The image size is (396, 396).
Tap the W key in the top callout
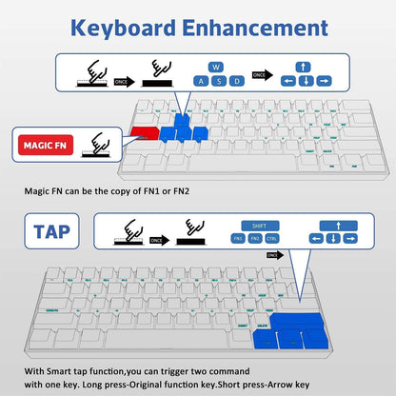click(x=215, y=67)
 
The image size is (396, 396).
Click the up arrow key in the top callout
click(x=303, y=67)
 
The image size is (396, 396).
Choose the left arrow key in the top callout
click(x=287, y=80)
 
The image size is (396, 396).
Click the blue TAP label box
click(x=49, y=231)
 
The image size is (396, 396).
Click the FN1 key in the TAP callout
click(x=237, y=241)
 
